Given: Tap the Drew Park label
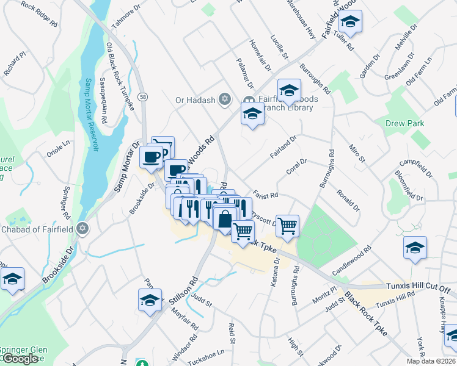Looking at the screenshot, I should pos(404,123).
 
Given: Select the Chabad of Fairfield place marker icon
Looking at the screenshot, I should pos(83,229).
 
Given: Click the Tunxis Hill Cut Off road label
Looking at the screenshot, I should pos(418,287).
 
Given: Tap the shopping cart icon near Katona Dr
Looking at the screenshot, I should pos(287,226).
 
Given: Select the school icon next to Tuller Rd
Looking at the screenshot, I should pos(350,22).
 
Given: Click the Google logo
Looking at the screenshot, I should pos(20,359).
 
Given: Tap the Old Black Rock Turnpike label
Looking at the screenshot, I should pos(119,66).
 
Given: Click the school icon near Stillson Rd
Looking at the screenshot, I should pos(150,300).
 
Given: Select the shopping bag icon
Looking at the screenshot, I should pos(225,218).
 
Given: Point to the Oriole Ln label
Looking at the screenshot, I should pos(59,149).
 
